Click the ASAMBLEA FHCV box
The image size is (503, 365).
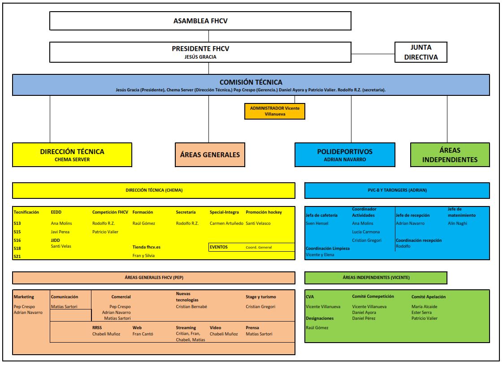click(200, 21)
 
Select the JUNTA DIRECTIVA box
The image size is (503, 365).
click(421, 52)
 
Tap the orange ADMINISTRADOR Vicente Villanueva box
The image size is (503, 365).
click(275, 111)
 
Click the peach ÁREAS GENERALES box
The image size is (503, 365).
click(210, 155)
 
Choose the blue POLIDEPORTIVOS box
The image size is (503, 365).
click(345, 155)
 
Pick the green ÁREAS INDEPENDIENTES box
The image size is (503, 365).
click(450, 155)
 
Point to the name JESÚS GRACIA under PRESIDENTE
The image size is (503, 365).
click(200, 57)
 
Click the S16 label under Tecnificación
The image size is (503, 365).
click(17, 240)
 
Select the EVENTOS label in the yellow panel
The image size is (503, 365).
click(219, 247)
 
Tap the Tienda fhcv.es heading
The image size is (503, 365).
click(146, 247)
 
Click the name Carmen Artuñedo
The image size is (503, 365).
click(226, 223)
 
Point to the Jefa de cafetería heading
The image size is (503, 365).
click(321, 215)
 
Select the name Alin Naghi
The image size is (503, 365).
click(457, 223)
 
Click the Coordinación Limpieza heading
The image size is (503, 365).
click(328, 249)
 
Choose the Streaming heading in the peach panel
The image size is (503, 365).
click(186, 327)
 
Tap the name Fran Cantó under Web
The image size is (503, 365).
click(143, 334)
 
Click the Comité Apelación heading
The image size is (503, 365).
click(429, 297)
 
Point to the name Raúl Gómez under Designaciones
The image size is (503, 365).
click(317, 327)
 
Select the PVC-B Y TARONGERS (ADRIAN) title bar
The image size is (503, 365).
click(397, 190)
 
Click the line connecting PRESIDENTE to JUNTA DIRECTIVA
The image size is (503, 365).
click(373, 54)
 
